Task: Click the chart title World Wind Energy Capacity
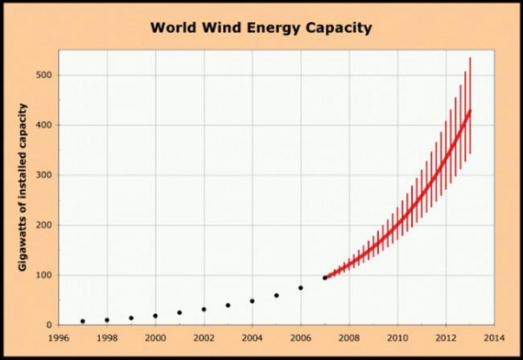[261, 28]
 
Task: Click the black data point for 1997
[83, 321]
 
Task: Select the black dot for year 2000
[156, 316]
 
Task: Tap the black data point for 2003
[228, 305]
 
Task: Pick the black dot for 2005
[276, 296]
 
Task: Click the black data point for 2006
[301, 288]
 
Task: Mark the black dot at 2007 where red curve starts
[325, 277]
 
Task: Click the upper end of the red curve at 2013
[470, 111]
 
